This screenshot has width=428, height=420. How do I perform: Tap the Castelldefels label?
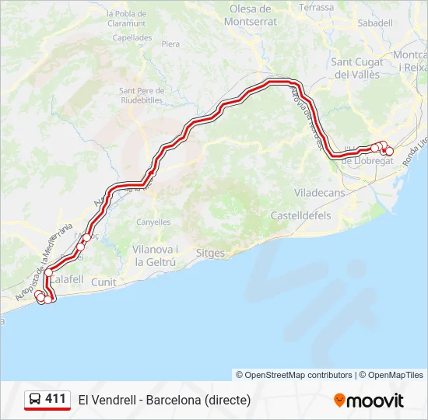[x=300, y=215]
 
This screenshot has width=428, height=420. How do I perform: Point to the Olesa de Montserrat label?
[x=250, y=15]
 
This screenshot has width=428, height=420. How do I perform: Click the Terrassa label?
[x=316, y=7]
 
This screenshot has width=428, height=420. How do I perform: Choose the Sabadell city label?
[x=375, y=23]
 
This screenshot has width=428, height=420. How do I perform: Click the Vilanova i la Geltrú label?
[x=156, y=255]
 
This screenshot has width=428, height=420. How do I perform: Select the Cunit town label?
[x=103, y=282]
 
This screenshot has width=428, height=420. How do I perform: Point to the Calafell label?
[x=68, y=278]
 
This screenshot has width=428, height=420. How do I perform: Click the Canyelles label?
[x=153, y=222]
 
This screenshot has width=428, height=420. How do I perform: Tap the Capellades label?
[x=132, y=37]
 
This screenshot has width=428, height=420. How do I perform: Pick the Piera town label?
[x=170, y=44]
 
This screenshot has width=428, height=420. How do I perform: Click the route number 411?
[x=55, y=399]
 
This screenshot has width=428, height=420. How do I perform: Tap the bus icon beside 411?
[x=36, y=400]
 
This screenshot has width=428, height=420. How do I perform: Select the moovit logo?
[x=369, y=401]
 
